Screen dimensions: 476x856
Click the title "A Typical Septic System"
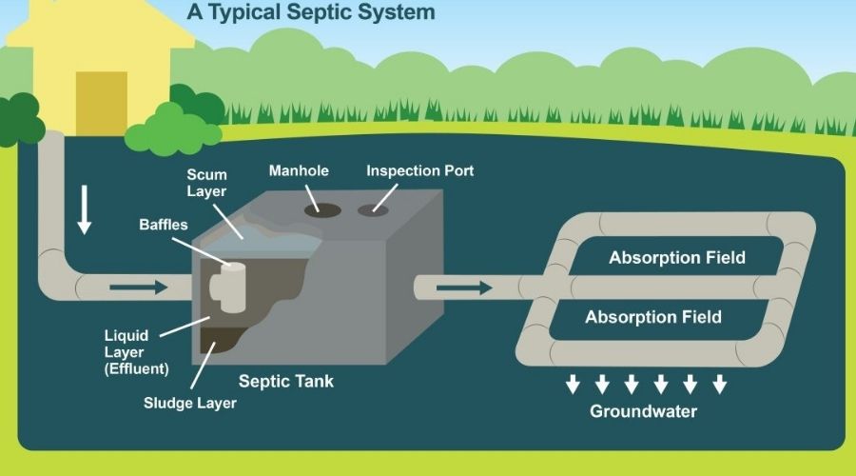pos(311,12)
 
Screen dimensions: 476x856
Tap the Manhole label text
pos(299,171)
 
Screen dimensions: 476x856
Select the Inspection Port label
pos(419,171)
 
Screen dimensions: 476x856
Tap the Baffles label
pos(164,226)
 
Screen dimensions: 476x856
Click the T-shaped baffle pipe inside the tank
pos(230,281)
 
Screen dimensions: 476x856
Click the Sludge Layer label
pos(190,403)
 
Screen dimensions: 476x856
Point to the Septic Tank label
pos(285,382)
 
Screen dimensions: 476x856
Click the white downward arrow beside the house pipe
pos(85,210)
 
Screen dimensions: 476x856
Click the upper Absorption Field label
pos(677,258)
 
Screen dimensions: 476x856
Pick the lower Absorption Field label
pos(652,317)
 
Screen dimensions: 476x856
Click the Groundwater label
pos(643,411)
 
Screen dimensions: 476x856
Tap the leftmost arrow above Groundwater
pos(573,384)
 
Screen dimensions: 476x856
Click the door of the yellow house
pos(101,102)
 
